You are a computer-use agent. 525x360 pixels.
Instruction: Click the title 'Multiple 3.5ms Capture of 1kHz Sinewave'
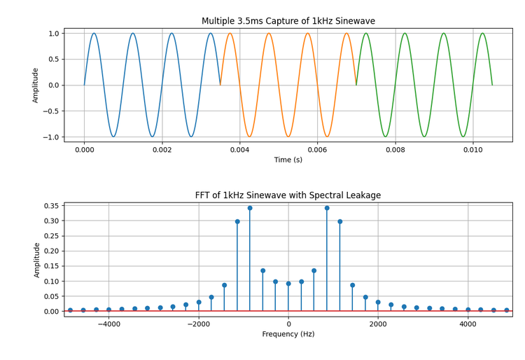288,21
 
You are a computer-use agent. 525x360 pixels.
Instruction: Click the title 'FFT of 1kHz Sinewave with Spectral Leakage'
288,195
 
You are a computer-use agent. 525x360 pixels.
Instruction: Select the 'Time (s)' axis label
288,160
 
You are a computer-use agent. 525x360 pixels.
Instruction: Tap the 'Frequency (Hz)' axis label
288,335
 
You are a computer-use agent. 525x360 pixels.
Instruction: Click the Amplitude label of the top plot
36,85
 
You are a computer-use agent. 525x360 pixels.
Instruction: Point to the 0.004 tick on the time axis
239,149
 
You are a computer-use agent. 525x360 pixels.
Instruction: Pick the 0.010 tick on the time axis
472,149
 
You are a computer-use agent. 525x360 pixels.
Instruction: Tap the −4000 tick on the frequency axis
108,324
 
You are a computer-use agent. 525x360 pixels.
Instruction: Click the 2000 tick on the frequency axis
378,324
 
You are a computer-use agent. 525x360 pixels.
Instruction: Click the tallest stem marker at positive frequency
327,208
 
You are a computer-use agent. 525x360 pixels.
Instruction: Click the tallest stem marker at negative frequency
250,208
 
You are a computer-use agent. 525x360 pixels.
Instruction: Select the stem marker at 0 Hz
288,284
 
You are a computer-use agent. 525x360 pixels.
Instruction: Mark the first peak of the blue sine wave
94,34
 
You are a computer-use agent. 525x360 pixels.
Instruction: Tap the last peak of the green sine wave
482,34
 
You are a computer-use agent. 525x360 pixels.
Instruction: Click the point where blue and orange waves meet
220,85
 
